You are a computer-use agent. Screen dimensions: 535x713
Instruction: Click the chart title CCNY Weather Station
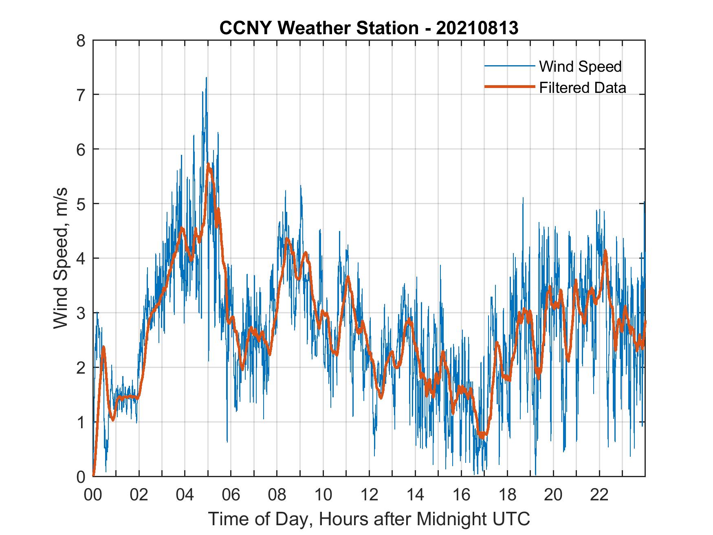[x=319, y=28]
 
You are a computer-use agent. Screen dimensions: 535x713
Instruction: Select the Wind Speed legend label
[x=580, y=66]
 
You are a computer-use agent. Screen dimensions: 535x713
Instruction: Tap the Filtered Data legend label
[x=582, y=88]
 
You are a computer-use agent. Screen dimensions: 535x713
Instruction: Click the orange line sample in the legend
[x=509, y=87]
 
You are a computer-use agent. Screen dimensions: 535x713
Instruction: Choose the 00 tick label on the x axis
[x=93, y=495]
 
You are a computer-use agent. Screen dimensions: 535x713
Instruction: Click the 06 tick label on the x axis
[x=231, y=495]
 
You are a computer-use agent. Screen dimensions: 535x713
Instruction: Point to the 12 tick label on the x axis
[x=369, y=495]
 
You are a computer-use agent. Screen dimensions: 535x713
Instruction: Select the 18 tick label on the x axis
[x=507, y=495]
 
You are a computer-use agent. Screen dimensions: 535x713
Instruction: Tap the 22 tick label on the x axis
[x=599, y=495]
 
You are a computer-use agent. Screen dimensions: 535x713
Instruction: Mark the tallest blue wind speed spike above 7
[x=207, y=77]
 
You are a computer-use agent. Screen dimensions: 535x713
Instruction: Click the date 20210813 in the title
[x=477, y=28]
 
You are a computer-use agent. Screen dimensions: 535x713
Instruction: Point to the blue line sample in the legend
[x=509, y=66]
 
